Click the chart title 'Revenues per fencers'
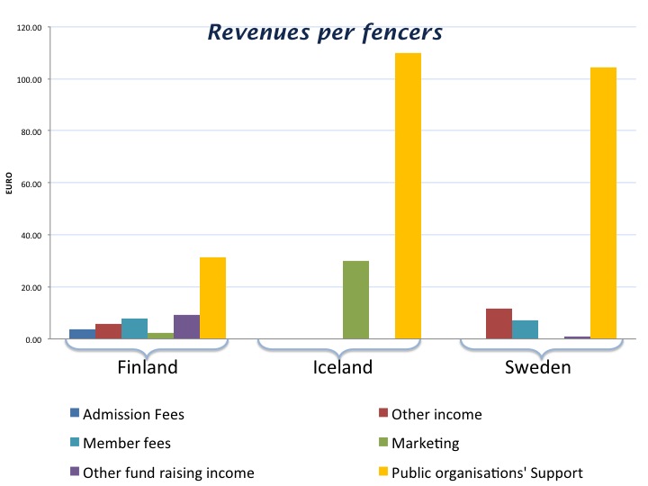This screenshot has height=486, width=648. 325,32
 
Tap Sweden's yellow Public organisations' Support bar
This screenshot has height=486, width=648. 603,203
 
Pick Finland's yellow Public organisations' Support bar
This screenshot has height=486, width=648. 212,298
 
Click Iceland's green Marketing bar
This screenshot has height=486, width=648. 355,300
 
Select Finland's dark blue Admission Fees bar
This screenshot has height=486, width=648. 82,334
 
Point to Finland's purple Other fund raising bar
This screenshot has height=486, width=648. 186,327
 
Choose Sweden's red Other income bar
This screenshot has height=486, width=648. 499,324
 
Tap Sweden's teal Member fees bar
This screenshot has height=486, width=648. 525,329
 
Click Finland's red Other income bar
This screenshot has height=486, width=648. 108,331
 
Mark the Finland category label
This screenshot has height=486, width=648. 148,367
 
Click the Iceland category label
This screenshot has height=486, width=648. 342,367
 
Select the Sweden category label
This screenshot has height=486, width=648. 537,367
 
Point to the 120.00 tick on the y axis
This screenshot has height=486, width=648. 30,28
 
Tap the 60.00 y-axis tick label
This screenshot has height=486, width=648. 31,184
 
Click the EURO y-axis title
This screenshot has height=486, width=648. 9,184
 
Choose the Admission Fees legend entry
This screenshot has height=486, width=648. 132,415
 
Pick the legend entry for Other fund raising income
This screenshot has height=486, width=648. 167,472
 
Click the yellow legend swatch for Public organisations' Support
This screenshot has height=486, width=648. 382,472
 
